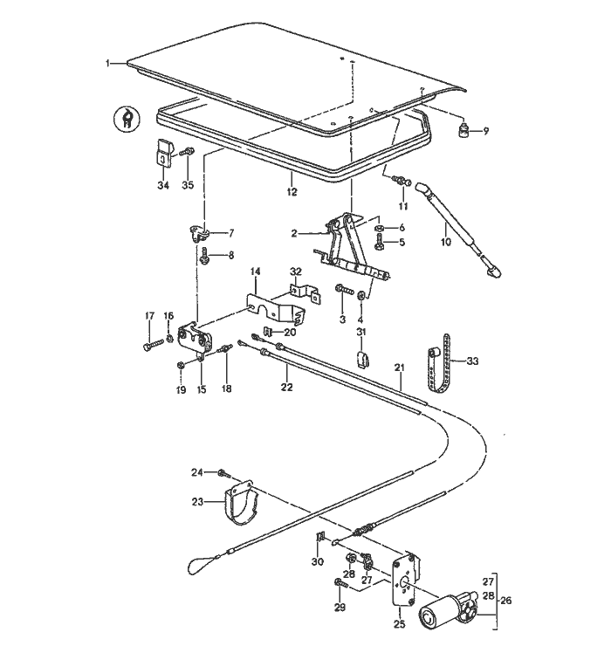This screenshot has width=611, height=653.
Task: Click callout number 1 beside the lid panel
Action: [108, 63]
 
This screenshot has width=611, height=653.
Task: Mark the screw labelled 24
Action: [223, 474]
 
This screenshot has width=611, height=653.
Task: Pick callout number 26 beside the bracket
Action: [506, 600]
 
